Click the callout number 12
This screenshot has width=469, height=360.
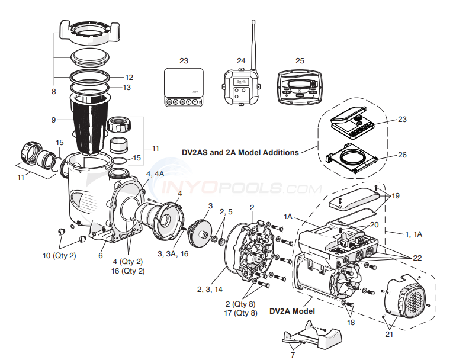click(x=129, y=77)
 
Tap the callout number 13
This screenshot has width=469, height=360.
click(x=127, y=88)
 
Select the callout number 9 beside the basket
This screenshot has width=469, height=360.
click(x=53, y=120)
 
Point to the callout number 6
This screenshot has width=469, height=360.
click(x=101, y=255)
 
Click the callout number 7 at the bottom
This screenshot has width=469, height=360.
click(x=292, y=354)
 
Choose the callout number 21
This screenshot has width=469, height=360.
click(x=388, y=335)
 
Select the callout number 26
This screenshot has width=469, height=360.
click(x=402, y=156)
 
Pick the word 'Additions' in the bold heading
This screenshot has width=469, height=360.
click(x=280, y=152)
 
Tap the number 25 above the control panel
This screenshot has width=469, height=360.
click(x=300, y=60)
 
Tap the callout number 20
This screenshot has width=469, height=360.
click(x=374, y=225)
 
